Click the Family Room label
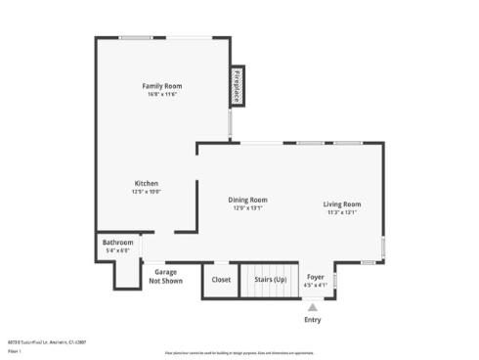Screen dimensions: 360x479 tap(164, 86)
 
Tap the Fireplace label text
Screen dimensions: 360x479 tap(237, 86)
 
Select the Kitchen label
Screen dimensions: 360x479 tap(146, 183)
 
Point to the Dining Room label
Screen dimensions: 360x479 tap(247, 200)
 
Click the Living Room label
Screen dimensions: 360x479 tap(342, 203)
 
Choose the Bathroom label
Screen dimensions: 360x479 tap(117, 243)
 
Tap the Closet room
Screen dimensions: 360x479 tap(221, 279)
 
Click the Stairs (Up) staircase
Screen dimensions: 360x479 tap(271, 279)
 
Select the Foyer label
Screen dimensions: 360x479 tap(316, 278)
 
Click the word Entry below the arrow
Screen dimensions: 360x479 tap(312, 320)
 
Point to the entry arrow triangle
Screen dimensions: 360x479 tap(312, 306)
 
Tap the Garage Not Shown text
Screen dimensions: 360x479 tap(165, 276)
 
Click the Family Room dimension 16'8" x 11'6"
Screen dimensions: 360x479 tap(164, 95)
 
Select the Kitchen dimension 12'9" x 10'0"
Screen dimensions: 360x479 tap(146, 192)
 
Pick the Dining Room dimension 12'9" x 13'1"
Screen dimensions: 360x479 tap(247, 208)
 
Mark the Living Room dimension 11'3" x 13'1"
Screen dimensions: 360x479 tap(342, 212)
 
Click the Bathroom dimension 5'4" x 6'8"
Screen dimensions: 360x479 tap(117, 251)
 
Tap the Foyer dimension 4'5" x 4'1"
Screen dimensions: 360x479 tap(316, 286)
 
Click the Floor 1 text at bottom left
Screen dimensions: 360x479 tap(14, 350)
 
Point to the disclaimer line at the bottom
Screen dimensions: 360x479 tap(239, 352)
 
